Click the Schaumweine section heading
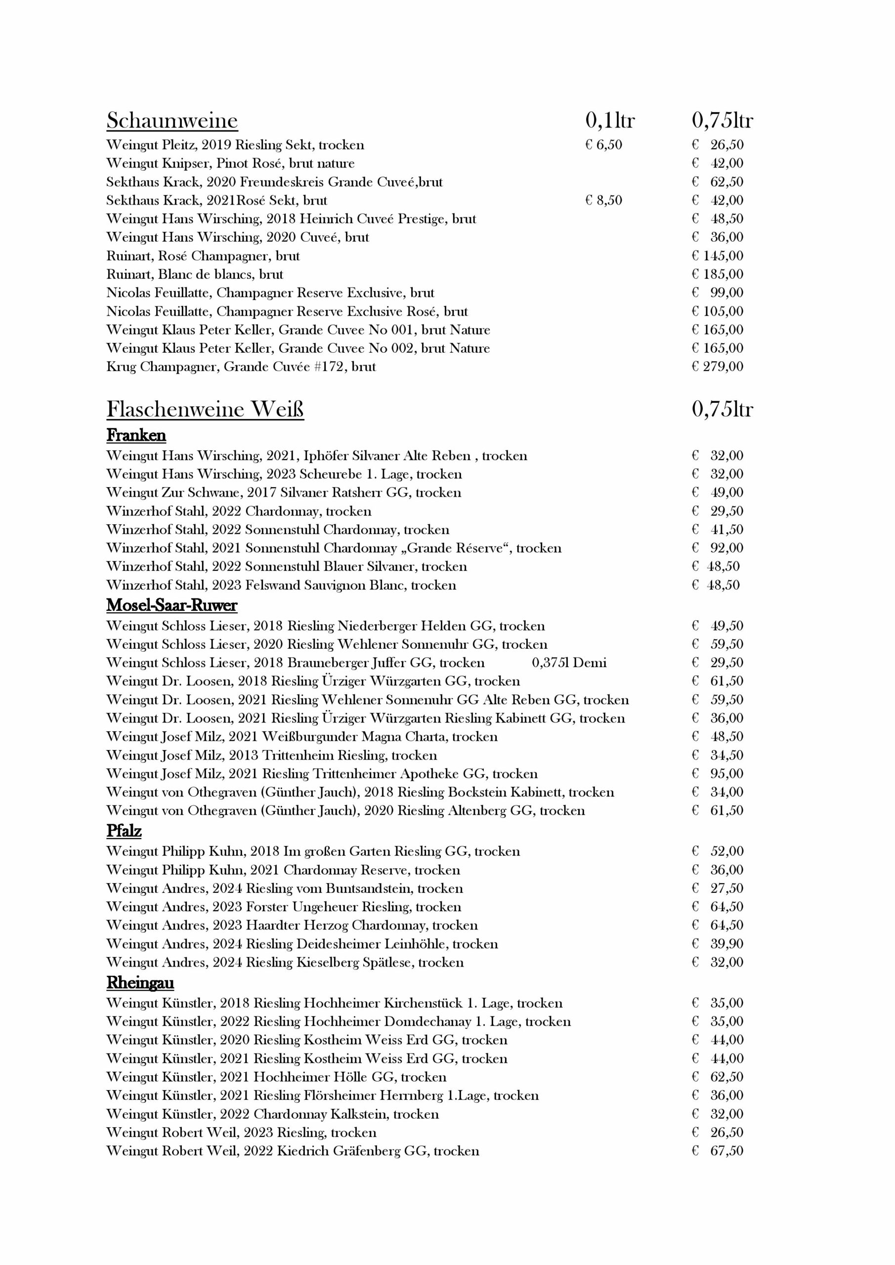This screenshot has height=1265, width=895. point(172,121)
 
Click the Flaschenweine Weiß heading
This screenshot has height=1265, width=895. point(205,409)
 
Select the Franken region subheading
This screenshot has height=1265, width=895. point(136,435)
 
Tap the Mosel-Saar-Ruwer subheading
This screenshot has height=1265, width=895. point(171,605)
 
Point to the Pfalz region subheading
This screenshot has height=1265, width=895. point(124,831)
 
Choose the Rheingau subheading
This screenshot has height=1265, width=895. point(140,982)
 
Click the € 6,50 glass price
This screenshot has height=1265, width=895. point(603,145)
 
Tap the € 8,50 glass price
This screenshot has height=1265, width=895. point(603,201)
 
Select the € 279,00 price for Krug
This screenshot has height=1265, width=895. point(718,367)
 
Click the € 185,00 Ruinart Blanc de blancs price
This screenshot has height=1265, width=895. point(718,274)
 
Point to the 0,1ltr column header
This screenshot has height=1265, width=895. point(609,121)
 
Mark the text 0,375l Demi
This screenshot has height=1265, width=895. point(569,663)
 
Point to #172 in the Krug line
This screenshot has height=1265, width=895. point(329,367)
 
